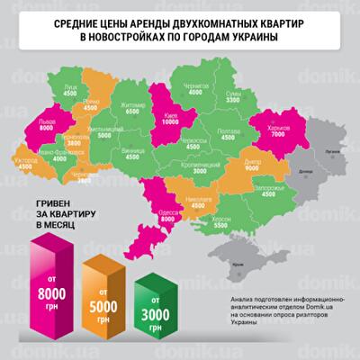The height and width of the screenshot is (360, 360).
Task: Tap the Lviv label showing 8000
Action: (x=49, y=125)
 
